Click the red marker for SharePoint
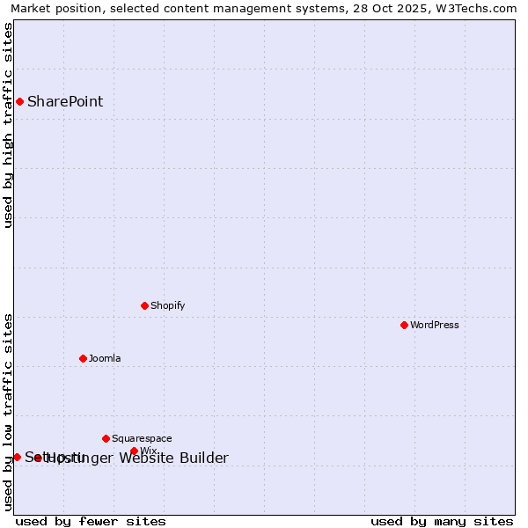pos(19,101)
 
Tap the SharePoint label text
pos(65,101)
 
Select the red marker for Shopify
pos(144,305)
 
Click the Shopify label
pos(167,305)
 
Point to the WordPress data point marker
pos(404,325)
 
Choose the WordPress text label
pos(435,325)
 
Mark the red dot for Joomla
pos(83,358)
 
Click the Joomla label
pos(105,358)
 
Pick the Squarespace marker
pos(106,438)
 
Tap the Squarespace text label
pos(142,438)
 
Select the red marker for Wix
pos(134,451)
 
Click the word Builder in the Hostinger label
pos(203,458)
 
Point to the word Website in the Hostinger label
pos(146,458)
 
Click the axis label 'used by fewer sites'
pos(91,521)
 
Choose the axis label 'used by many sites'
pos(442,521)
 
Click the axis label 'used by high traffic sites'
pos(9,125)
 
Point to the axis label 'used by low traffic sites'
pos(9,411)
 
